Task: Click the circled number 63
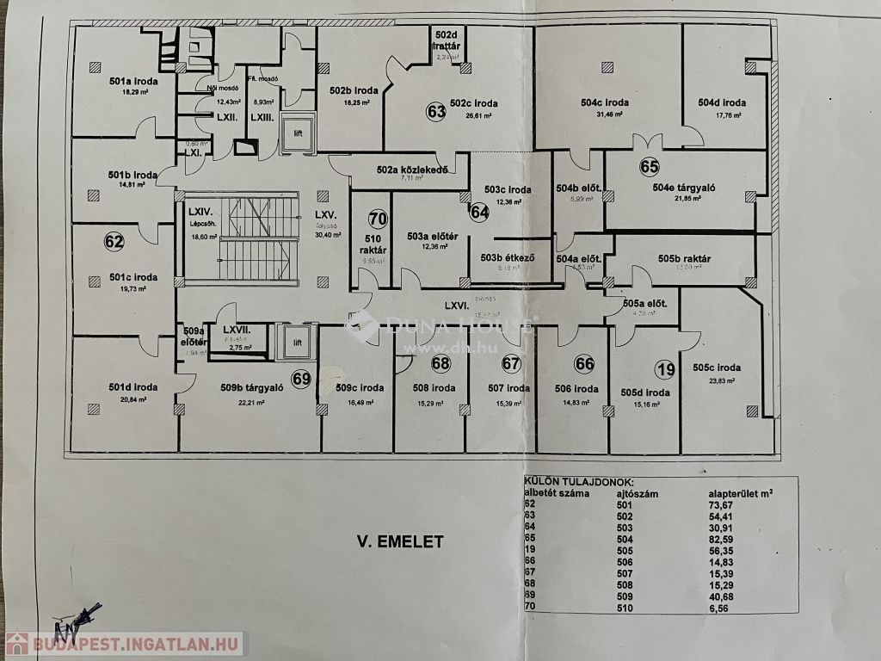pyautogui.click(x=436, y=111)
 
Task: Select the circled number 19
pyautogui.click(x=665, y=371)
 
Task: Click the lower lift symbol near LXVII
pyautogui.click(x=298, y=342)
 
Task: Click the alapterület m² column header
pyautogui.click(x=739, y=492)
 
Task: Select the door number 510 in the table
pyautogui.click(x=625, y=607)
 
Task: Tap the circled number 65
pyautogui.click(x=649, y=167)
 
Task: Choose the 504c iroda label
pyautogui.click(x=599, y=102)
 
